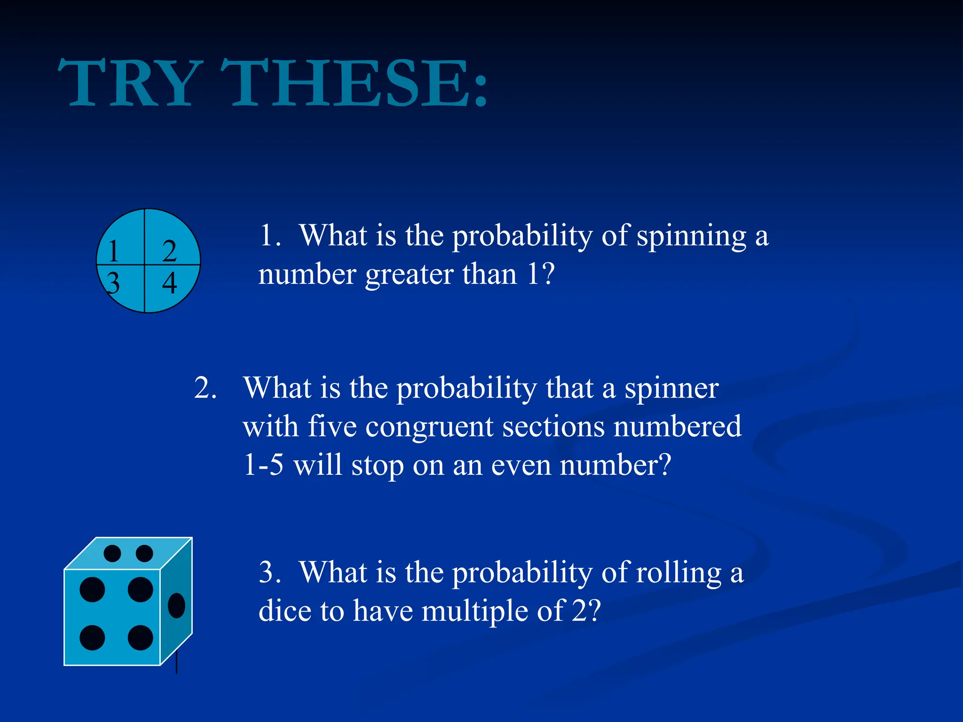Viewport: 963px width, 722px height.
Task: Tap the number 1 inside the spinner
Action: pos(113,251)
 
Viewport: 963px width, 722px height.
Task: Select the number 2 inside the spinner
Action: pos(169,251)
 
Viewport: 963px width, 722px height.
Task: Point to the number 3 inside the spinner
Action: pos(113,283)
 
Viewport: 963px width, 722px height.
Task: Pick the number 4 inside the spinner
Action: pos(169,283)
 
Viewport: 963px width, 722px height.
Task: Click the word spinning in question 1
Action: pos(691,236)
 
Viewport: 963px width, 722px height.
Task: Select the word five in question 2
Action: pos(332,427)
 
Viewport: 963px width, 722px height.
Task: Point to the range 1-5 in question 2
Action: pos(264,465)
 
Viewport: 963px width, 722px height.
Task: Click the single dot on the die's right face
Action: pos(176,605)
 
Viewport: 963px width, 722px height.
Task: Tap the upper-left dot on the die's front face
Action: pos(92,589)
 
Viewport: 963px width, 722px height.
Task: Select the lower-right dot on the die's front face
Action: pos(140,638)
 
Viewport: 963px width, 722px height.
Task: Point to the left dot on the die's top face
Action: pos(112,553)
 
